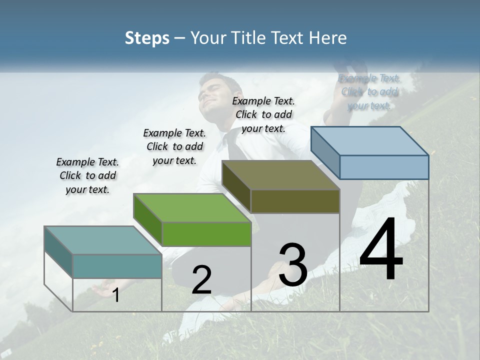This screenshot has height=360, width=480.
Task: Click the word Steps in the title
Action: (x=147, y=38)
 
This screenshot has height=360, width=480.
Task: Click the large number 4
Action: (x=381, y=251)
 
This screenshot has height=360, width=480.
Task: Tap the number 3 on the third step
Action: (x=293, y=264)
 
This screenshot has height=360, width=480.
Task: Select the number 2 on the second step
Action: (x=201, y=280)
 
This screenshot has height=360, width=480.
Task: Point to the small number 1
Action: (x=116, y=295)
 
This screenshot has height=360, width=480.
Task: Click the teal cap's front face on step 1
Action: (x=117, y=266)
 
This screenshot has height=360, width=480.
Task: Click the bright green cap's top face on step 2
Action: (x=192, y=207)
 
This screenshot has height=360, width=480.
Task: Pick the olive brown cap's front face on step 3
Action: (x=295, y=201)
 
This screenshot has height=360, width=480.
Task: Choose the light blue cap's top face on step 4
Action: (x=369, y=140)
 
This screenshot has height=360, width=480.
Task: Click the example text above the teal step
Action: (x=87, y=175)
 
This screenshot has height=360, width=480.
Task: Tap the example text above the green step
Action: (x=174, y=146)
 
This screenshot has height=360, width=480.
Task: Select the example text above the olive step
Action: (x=263, y=114)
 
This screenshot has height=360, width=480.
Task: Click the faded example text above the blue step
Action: (x=369, y=92)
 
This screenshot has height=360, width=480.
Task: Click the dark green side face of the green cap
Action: (x=148, y=219)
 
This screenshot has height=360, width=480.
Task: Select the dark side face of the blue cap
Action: (x=325, y=152)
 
